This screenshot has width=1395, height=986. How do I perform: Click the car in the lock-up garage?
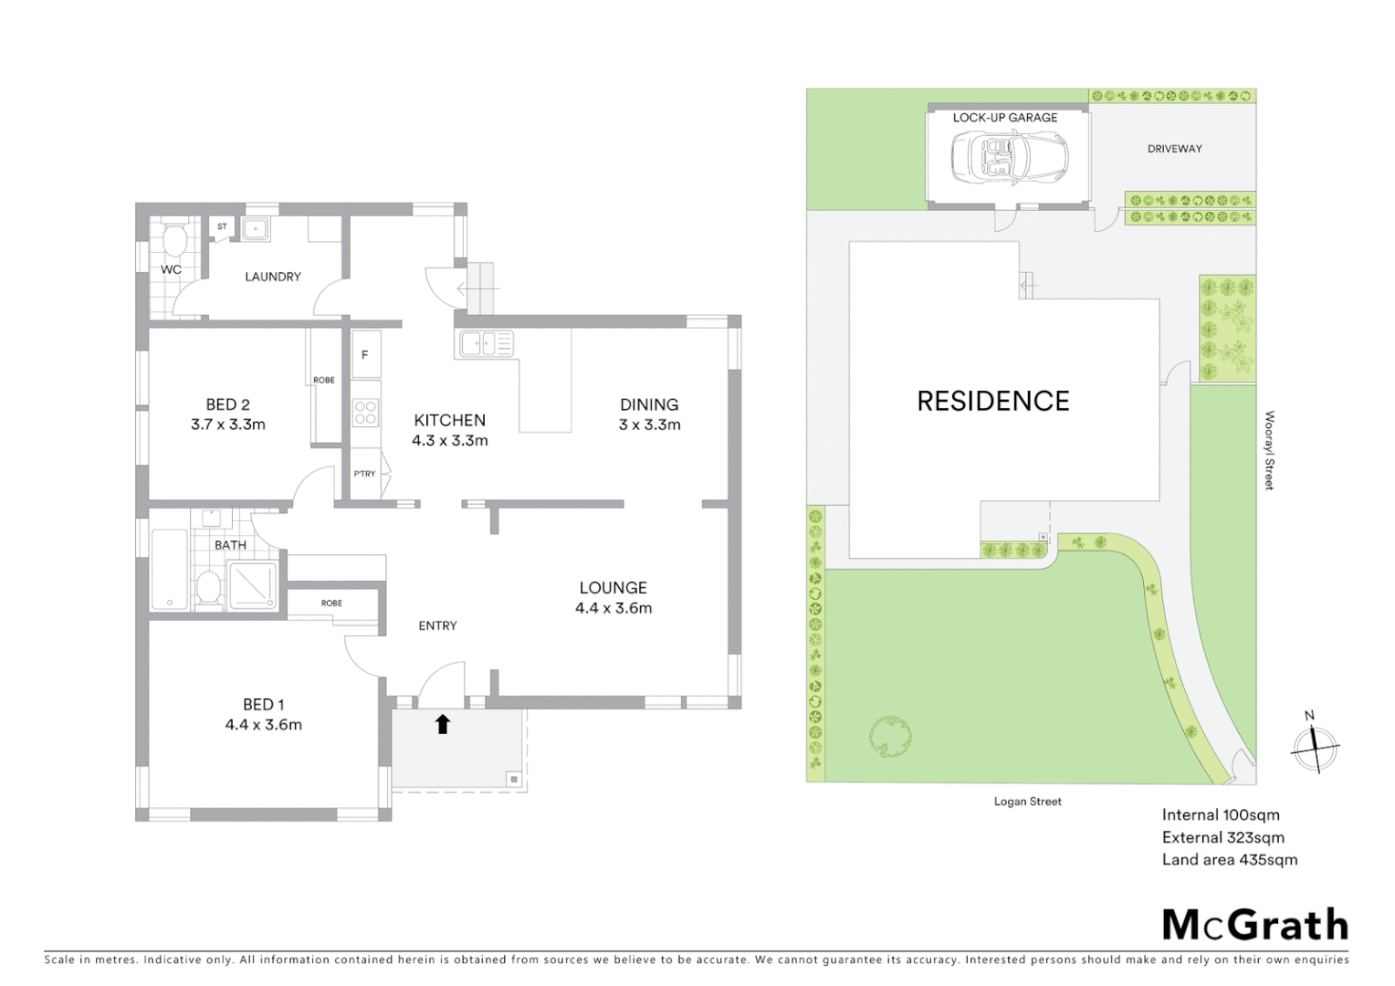1008,158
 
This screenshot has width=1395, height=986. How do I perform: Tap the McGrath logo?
1254,925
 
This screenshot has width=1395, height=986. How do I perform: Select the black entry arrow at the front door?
443,724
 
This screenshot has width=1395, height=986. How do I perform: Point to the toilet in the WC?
172,241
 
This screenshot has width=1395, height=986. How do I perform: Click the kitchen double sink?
487,343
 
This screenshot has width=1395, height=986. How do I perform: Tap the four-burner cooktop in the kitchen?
365,414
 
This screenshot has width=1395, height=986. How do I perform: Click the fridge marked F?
365,354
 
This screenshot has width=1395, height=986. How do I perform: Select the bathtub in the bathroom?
170,571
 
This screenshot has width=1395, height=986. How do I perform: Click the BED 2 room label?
227,404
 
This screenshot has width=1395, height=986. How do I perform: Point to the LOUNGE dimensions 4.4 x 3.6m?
613,608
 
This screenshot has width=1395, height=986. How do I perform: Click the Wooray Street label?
1269,450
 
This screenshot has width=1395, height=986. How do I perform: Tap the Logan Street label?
1027,802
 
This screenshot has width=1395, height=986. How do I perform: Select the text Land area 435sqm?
1229,859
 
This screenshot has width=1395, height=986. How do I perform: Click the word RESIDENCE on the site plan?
992,401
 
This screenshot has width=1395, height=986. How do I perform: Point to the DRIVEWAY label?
1174,149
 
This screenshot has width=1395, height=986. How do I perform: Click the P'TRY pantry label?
364,474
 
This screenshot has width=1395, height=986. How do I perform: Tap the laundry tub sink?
256,229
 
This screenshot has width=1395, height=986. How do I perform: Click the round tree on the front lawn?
890,737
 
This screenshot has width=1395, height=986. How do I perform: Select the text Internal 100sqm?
1220,815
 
